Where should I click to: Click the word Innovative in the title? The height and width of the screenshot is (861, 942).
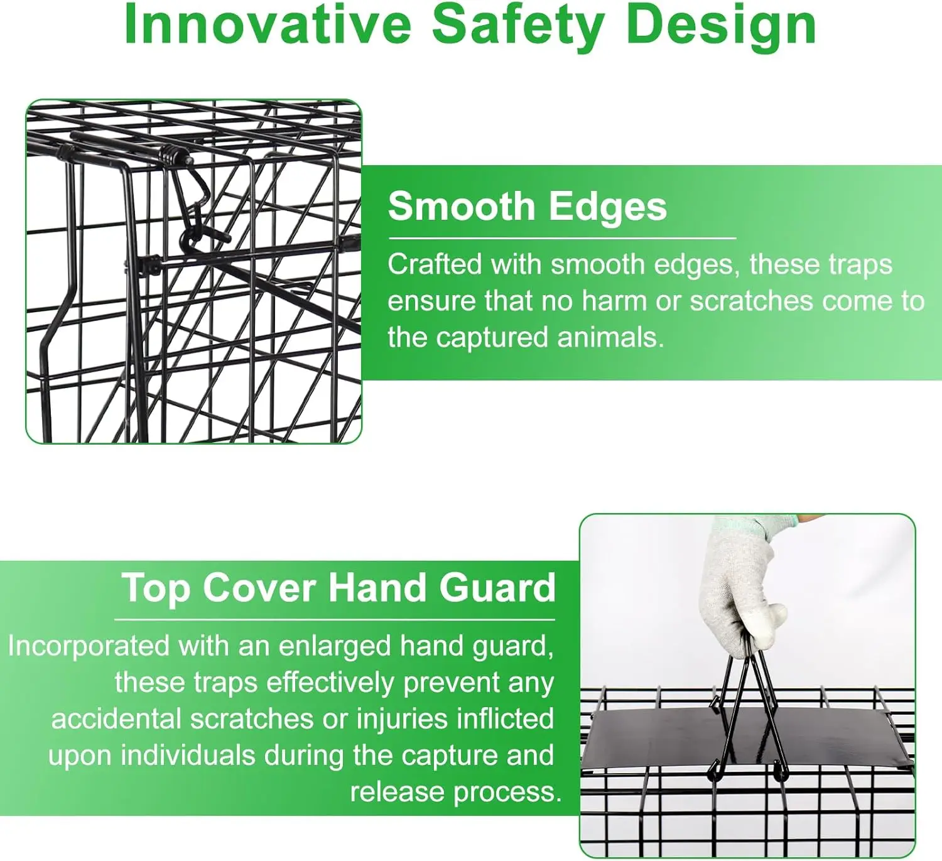tap(268, 26)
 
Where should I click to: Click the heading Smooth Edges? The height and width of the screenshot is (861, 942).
tap(528, 207)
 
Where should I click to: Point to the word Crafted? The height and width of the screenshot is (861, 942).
tap(435, 264)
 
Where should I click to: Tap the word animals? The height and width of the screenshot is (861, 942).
tap(610, 338)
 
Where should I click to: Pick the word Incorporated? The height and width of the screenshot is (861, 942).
tap(89, 646)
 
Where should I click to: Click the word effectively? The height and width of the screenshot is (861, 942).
tap(330, 684)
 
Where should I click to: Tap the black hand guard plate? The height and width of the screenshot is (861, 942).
tap(747, 741)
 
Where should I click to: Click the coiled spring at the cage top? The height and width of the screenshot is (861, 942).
tap(172, 154)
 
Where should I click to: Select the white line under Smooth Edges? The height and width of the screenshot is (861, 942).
tap(562, 239)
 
